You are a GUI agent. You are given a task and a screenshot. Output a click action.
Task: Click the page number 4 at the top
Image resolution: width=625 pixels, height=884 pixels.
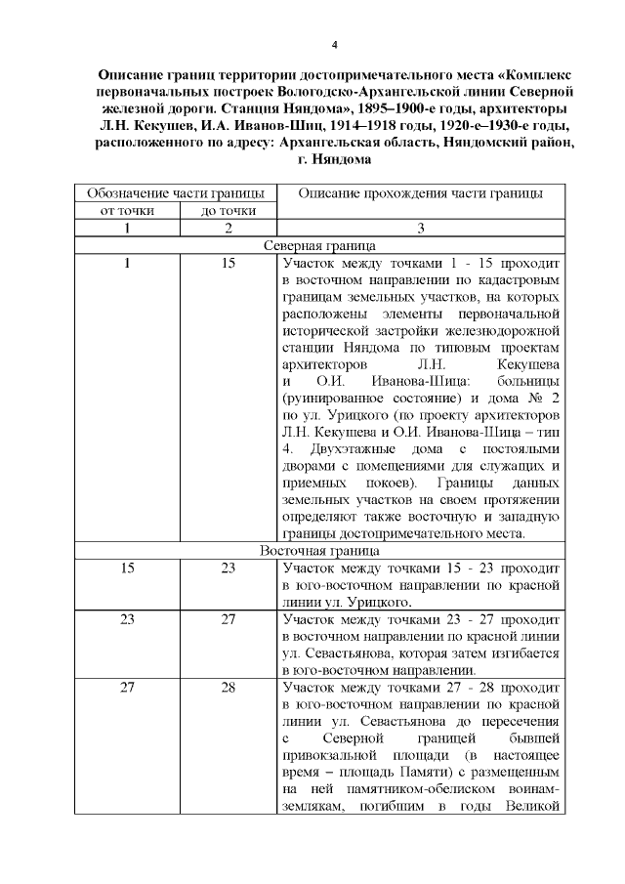pyautogui.click(x=335, y=45)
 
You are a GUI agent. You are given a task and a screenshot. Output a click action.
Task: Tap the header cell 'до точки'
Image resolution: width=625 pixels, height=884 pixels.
pyautogui.click(x=228, y=210)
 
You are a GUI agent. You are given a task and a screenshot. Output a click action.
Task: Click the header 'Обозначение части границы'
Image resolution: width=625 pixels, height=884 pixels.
pyautogui.click(x=177, y=192)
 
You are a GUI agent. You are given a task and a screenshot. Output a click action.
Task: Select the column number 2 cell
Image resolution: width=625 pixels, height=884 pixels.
pyautogui.click(x=228, y=228)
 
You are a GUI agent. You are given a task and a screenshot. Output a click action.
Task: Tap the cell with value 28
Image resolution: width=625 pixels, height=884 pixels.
pyautogui.click(x=228, y=687)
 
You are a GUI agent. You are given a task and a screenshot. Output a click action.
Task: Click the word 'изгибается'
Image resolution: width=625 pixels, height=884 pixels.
pyautogui.click(x=524, y=652)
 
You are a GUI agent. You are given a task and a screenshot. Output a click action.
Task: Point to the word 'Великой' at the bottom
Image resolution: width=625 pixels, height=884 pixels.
pyautogui.click(x=531, y=806)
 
